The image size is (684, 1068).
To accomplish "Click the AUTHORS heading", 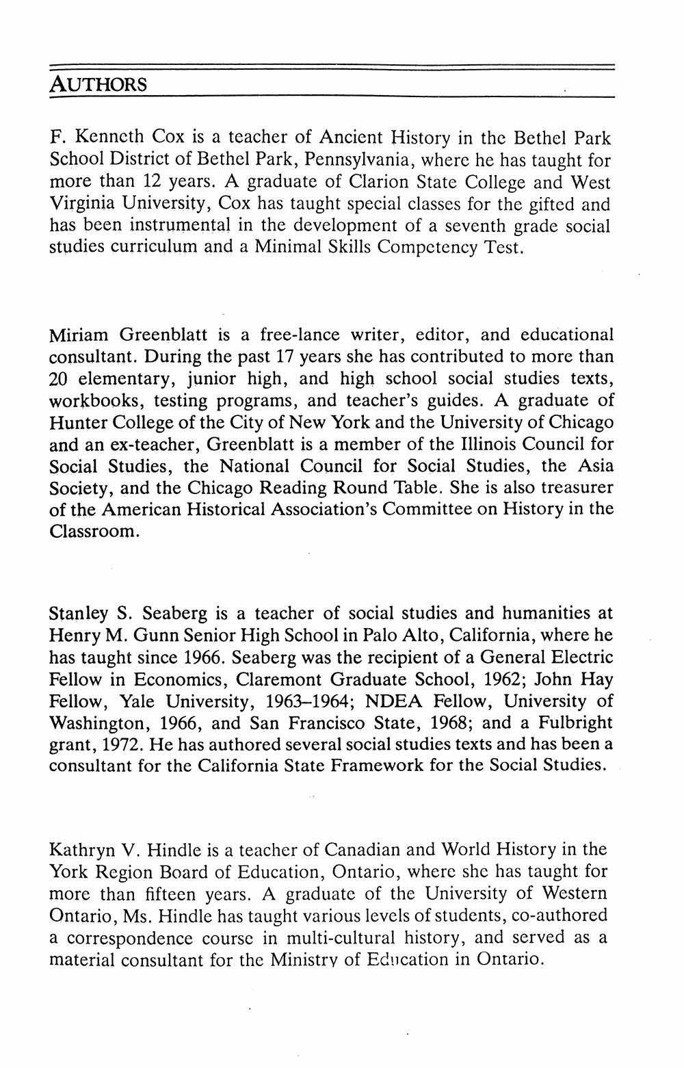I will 98,85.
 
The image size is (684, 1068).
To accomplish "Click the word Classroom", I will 94,532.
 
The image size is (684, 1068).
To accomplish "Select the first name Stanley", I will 79,614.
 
